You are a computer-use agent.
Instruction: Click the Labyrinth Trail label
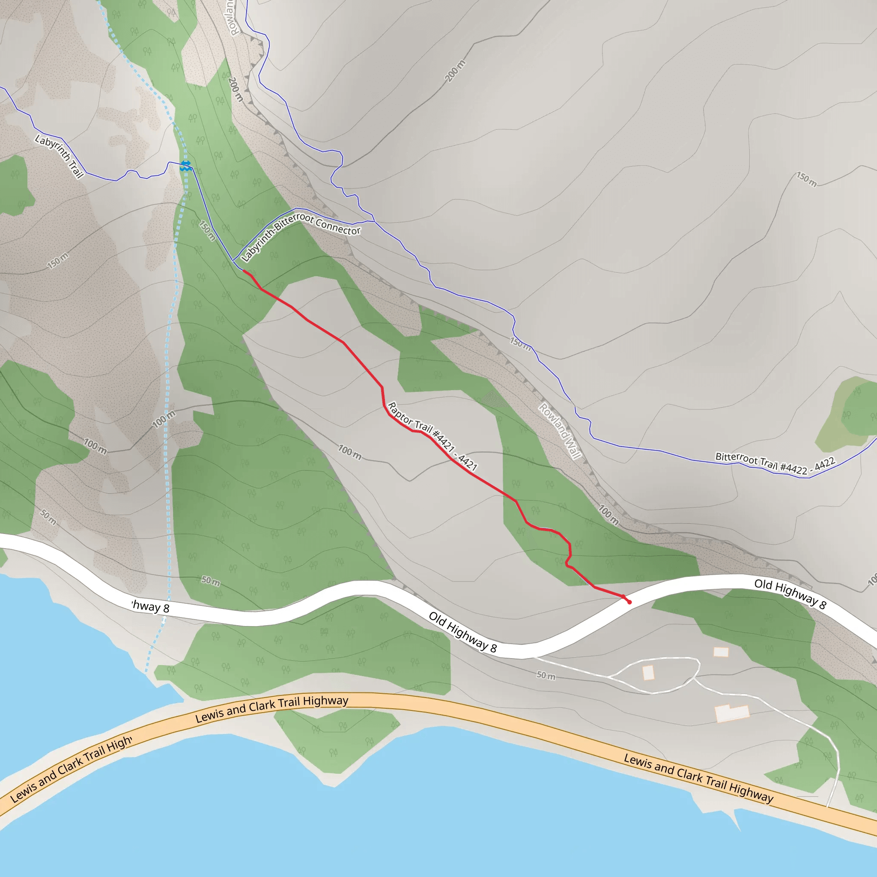[x=60, y=156]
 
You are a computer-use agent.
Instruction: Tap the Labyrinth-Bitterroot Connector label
[x=300, y=236]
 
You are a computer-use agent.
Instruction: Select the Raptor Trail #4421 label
[x=432, y=436]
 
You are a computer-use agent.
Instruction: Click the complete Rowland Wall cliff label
[x=559, y=431]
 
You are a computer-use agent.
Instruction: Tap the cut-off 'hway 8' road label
[x=150, y=606]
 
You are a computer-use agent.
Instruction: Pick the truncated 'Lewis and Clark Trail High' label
[x=71, y=769]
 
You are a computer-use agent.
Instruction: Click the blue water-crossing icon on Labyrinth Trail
[x=185, y=166]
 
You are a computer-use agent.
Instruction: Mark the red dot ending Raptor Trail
[x=629, y=603]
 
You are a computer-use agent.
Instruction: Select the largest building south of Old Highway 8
[x=732, y=713]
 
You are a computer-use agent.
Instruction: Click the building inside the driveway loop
[x=649, y=672]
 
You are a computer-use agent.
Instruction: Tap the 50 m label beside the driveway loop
[x=546, y=675]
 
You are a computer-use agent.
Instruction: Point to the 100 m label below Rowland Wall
[x=608, y=515]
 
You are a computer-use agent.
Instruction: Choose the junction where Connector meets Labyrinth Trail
[x=233, y=261]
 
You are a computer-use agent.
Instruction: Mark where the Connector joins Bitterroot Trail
[x=374, y=221]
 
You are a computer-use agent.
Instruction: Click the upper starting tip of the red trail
[x=244, y=271]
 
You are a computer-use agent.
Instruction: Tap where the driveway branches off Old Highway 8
[x=534, y=657]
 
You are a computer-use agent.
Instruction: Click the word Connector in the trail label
[x=338, y=227]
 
